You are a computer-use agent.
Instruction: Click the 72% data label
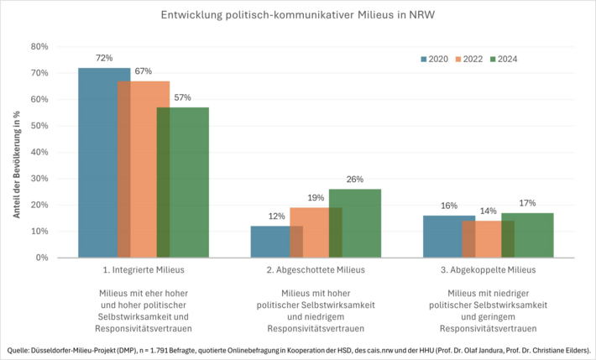point(104,58)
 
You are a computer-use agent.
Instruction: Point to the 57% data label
point(182,97)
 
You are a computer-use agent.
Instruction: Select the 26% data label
point(354,179)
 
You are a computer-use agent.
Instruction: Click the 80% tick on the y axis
point(39,46)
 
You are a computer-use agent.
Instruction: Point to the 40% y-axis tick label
point(39,152)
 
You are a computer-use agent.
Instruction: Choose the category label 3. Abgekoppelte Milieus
point(489,270)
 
